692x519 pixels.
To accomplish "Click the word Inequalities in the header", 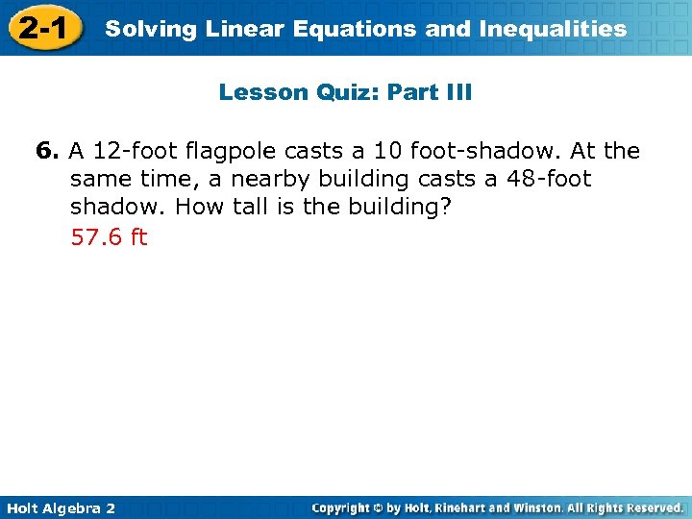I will point(547,29).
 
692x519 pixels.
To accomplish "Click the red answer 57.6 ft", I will point(109,236).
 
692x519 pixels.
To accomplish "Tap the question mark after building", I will point(445,208).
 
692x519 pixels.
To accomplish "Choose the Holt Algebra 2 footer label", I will point(60,507).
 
